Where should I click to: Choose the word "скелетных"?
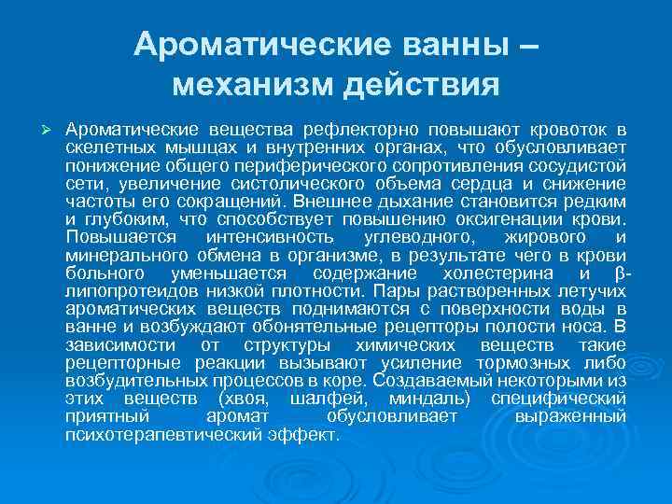(105, 146)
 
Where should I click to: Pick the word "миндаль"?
(428, 399)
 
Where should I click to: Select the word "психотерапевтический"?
(162, 436)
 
